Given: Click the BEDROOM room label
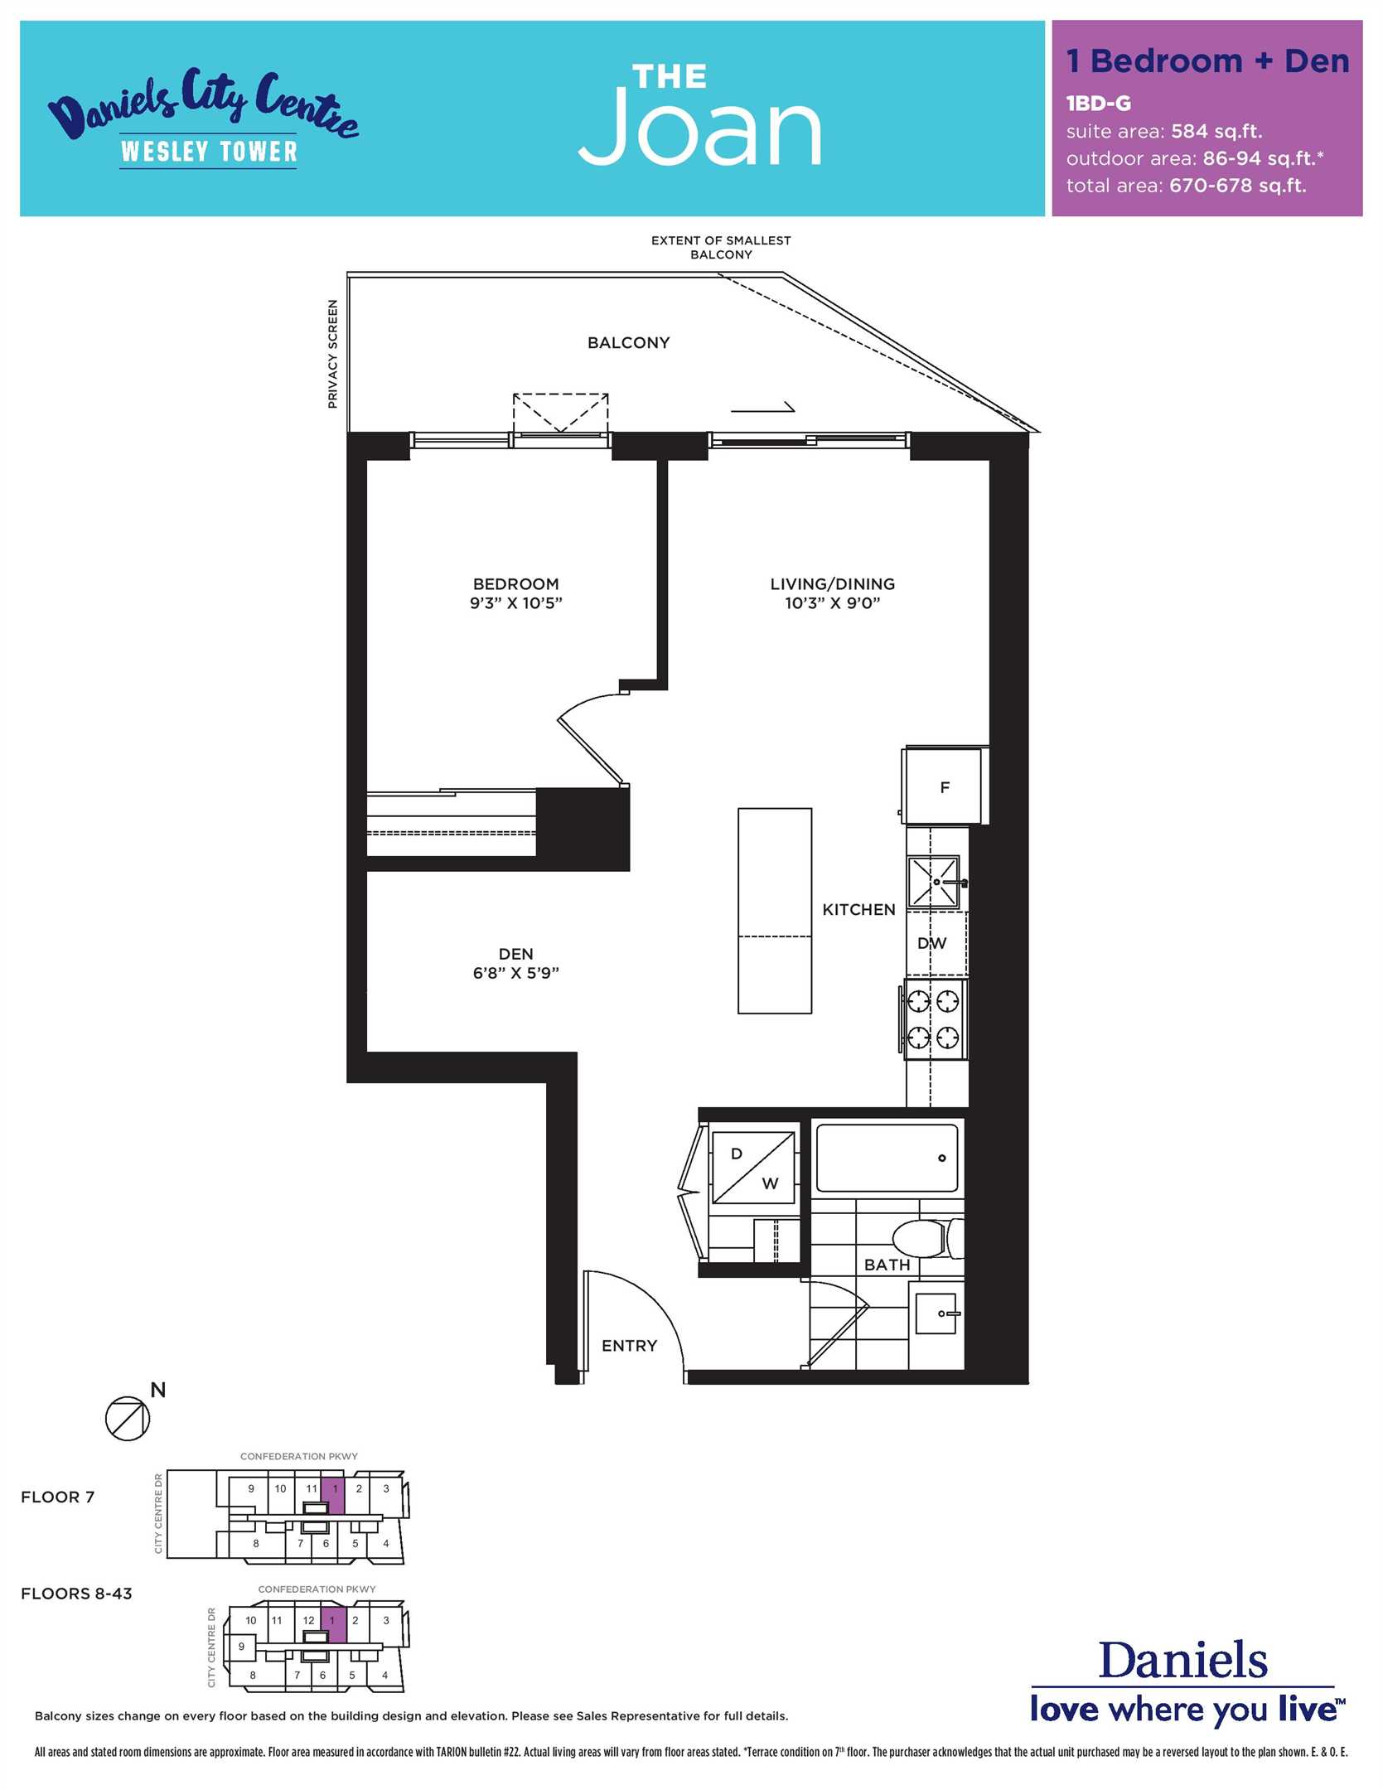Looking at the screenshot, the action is [x=515, y=584].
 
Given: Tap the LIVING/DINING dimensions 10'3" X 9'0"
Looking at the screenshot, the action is [x=832, y=603].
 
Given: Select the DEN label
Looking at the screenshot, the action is [x=515, y=954].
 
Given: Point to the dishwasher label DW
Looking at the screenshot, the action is [x=931, y=943].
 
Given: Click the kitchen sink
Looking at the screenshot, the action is [x=934, y=882].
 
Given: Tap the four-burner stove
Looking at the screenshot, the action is [x=934, y=1019].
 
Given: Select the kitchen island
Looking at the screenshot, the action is [x=775, y=911].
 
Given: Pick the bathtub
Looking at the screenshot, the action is [x=887, y=1158].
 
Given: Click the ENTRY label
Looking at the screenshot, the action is [x=629, y=1346].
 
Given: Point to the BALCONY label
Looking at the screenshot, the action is [x=628, y=343].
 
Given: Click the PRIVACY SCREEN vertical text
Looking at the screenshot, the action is [x=333, y=354].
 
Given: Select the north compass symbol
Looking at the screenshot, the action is [x=128, y=1418].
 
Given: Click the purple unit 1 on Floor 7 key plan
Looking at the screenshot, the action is [x=333, y=1495].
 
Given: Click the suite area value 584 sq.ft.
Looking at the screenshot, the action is [x=1216, y=131].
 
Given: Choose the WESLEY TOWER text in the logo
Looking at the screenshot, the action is [x=209, y=151].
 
